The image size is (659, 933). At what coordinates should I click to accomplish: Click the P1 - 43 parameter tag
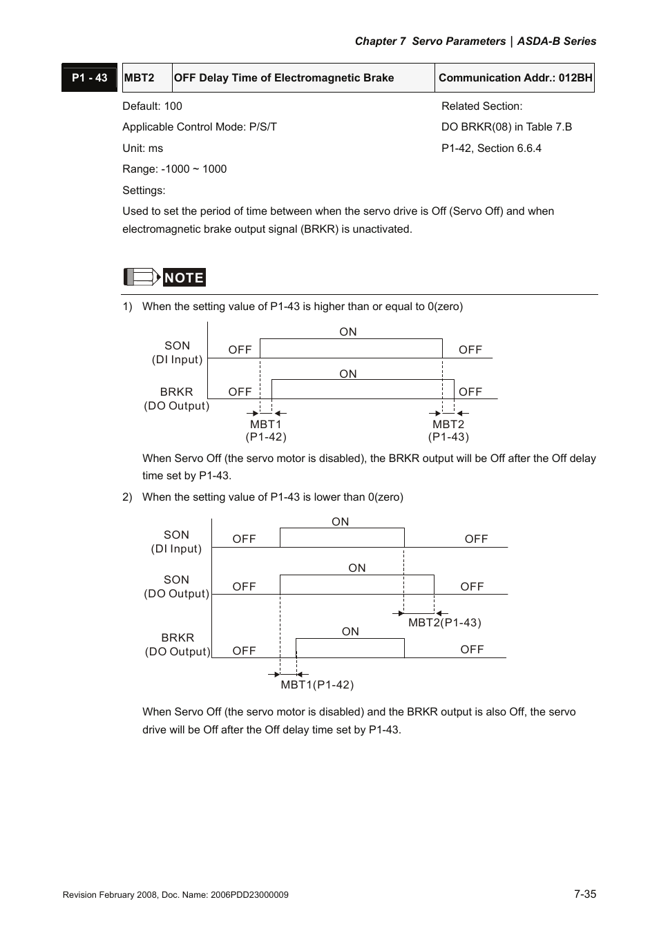coord(89,78)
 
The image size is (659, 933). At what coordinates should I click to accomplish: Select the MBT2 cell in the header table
coord(140,78)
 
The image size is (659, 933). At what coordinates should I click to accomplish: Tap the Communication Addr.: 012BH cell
coord(515,78)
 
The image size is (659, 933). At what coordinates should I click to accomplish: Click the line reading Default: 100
coord(152,106)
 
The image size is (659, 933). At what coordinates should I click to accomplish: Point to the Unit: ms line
coord(142,148)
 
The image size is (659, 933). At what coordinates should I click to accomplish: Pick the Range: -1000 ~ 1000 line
coord(174,169)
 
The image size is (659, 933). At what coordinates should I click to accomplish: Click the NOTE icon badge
coord(164,278)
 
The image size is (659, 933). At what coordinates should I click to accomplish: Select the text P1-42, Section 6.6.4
coord(491,148)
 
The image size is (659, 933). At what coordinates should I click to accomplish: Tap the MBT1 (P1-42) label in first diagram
coord(266,430)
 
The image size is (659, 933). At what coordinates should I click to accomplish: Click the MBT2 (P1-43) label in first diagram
coord(448,430)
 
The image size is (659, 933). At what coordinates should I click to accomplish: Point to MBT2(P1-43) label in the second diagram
coord(444,623)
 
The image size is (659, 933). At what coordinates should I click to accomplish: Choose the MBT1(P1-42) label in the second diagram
coord(317,685)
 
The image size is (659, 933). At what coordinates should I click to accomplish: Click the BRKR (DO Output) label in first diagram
coord(176,399)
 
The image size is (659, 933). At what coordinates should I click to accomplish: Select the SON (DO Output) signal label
coord(176,587)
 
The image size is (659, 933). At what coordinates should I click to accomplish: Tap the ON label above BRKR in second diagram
coord(350,632)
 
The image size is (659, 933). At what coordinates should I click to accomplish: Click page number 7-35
coord(584,894)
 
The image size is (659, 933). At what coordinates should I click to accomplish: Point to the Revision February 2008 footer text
coord(175,895)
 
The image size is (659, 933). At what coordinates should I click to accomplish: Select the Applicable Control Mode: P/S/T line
coord(200,127)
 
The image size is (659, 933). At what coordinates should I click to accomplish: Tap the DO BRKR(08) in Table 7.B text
coord(506,127)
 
